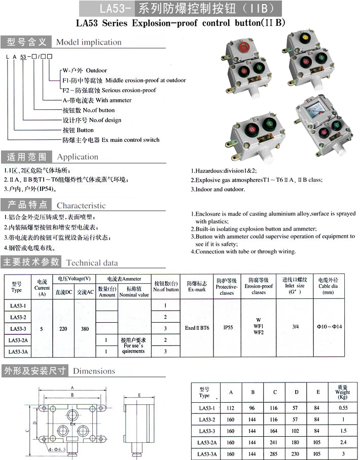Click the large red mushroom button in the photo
(241, 48)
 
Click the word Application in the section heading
(78, 157)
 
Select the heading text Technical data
(92, 262)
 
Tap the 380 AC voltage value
(85, 328)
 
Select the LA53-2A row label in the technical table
(18, 340)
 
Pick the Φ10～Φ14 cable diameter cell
(330, 327)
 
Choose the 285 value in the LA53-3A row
(274, 454)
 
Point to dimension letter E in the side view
(139, 395)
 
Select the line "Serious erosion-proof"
(130, 90)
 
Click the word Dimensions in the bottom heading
(94, 371)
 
